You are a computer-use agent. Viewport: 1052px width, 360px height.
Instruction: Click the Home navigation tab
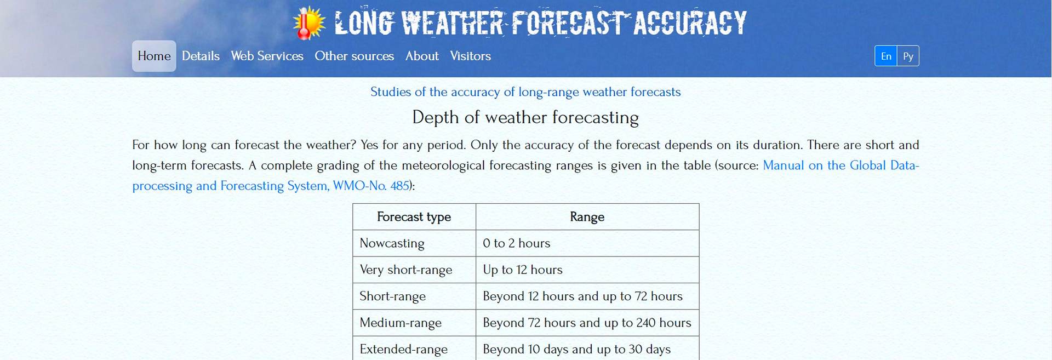point(154,56)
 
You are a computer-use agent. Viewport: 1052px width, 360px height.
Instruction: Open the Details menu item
point(201,56)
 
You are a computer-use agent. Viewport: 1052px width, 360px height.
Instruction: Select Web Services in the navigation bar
point(267,56)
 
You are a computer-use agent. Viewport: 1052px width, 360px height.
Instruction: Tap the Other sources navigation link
point(354,56)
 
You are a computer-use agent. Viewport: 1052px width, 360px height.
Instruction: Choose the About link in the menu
point(422,56)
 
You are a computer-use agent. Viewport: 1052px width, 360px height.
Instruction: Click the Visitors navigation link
point(470,56)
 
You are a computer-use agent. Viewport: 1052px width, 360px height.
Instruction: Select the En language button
point(886,56)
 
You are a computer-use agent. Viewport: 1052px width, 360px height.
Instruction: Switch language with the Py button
point(908,56)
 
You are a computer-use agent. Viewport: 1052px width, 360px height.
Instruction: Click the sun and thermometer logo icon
point(309,23)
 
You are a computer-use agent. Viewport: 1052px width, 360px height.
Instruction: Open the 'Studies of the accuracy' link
point(525,92)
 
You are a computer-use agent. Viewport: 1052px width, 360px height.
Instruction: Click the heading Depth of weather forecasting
point(525,117)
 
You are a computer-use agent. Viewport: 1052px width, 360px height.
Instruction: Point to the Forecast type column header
point(414,217)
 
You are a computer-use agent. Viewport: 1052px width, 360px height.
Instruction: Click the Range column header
point(587,217)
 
